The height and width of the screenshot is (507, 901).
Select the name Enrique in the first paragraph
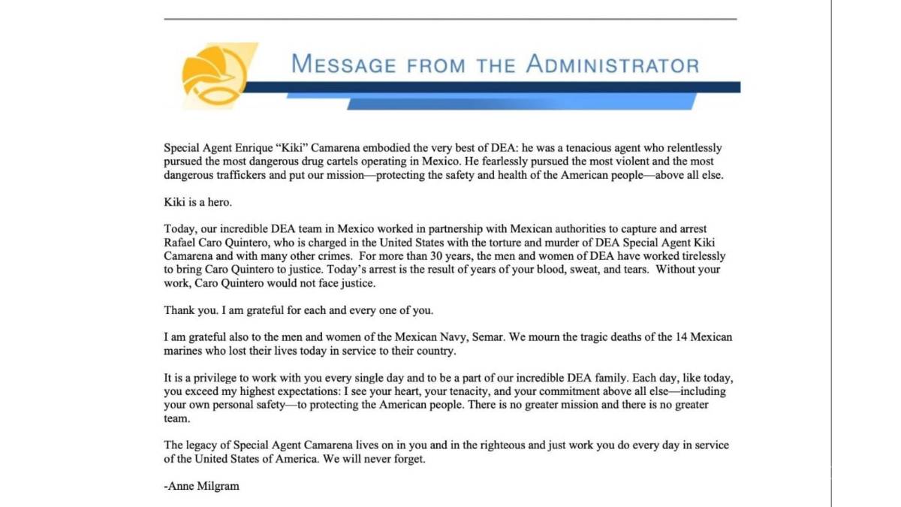[x=249, y=149]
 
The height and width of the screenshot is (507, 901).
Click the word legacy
[x=204, y=445]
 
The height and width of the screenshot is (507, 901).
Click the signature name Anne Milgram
[x=203, y=486]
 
